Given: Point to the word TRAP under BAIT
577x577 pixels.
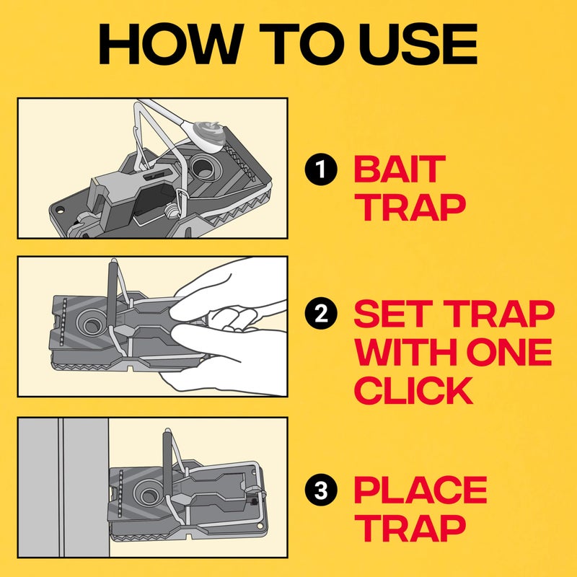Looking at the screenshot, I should click(412, 208).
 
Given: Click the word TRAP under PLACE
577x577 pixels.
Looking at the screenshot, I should click(412, 529).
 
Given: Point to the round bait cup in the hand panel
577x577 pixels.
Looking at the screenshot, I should click(94, 325).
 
